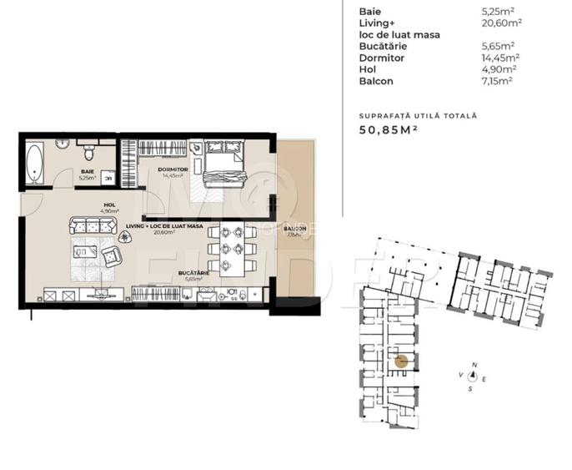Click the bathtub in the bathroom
tap(34, 164)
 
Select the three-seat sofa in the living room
tap(89, 225)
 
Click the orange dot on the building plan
tap(401, 361)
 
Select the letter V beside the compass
tap(460, 376)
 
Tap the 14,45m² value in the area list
tap(502, 58)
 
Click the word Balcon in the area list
tap(376, 82)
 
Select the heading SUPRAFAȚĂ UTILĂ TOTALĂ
tap(418, 114)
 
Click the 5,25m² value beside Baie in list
tap(499, 13)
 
